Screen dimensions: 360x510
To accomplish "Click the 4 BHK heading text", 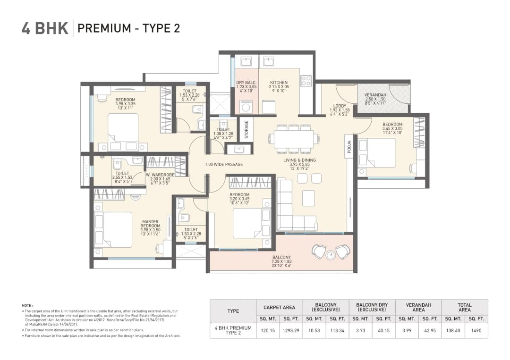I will click(45, 28).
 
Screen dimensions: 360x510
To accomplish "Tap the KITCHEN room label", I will click(279, 83).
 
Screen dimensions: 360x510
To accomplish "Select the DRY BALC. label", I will click(246, 83).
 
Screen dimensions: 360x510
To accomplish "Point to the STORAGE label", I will click(246, 129).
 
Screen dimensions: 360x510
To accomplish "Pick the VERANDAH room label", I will click(375, 95).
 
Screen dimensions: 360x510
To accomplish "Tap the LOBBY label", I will click(339, 106).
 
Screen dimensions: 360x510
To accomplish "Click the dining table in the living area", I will click(293, 139).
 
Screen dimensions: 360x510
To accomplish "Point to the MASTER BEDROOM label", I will click(151, 224).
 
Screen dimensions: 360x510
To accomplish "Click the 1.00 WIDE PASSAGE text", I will click(224, 164).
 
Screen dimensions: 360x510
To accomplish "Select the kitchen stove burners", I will click(306, 81).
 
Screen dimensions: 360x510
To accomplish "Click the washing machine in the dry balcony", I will click(246, 107).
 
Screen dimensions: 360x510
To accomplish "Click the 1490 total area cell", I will click(476, 330).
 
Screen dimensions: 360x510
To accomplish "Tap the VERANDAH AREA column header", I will click(418, 308).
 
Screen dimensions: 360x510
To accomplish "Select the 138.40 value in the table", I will click(453, 330).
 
